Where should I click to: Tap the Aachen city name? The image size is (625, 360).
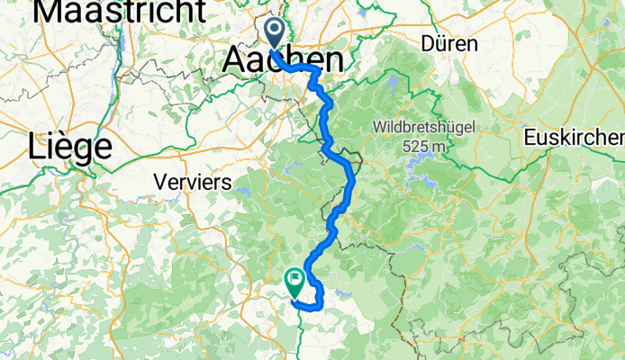click(x=283, y=61)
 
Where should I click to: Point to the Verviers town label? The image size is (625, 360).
click(x=193, y=182)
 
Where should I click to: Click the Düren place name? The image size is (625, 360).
click(x=450, y=43)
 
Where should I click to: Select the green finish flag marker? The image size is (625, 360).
click(x=294, y=281)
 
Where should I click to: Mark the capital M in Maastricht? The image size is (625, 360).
click(x=53, y=12)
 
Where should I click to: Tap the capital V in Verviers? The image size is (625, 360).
click(x=160, y=182)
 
